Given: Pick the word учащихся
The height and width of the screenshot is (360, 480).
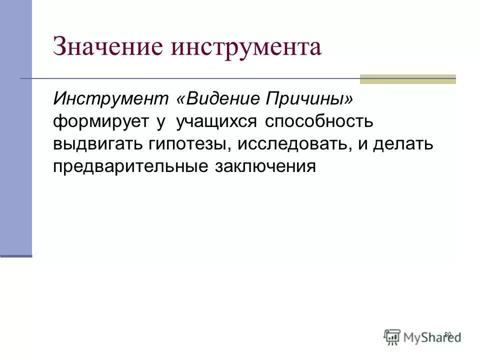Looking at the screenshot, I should click(x=216, y=121).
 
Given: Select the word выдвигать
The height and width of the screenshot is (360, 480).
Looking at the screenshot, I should click(x=98, y=144).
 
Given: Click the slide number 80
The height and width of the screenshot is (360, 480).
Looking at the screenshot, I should click(x=447, y=334).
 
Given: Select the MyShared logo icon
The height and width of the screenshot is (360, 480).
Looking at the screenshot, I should click(x=392, y=335).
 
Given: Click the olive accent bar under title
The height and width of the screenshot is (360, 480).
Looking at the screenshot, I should click(x=407, y=79).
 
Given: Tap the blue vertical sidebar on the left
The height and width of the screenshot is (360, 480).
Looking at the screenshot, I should click(x=16, y=130).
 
